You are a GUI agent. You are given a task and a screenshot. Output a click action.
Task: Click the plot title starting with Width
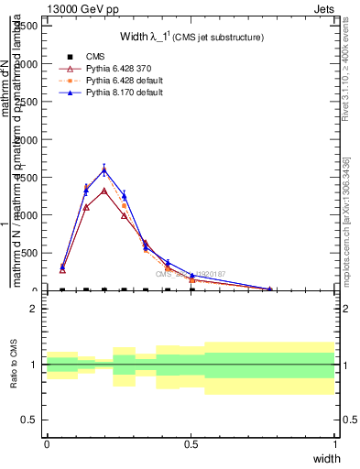coord(191,37)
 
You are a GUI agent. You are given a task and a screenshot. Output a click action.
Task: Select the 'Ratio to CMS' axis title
coord(15,365)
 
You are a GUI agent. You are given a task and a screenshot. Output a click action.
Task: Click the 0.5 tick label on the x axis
coord(191,444)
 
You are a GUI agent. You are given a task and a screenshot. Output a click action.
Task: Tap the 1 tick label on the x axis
coord(335,444)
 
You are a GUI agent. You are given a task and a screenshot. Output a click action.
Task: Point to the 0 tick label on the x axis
coord(47,444)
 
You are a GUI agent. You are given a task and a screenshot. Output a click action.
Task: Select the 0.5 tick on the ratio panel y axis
coord(29,420)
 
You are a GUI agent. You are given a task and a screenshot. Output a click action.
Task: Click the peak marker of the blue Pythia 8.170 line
coord(104,169)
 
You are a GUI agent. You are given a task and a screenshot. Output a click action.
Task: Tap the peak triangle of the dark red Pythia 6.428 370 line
coord(104,191)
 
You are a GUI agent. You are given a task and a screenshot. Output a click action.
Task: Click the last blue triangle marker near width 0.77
coord(269,289)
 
